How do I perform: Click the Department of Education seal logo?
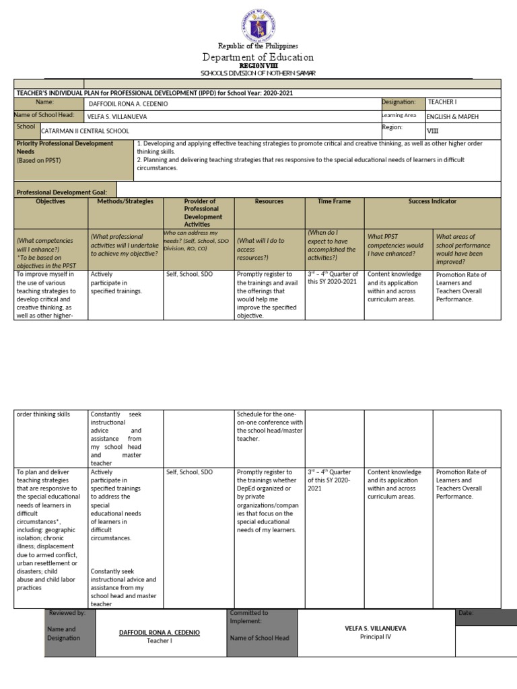(258, 23)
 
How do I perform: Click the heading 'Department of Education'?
(258, 57)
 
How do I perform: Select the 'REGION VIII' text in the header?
(258, 66)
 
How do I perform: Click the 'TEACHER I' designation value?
(442, 102)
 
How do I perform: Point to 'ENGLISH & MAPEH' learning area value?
(454, 116)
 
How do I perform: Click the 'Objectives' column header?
(50, 201)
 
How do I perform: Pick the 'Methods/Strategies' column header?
(125, 201)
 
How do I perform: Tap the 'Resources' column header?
(269, 201)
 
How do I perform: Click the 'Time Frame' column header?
(335, 201)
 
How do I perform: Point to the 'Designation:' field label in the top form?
(399, 102)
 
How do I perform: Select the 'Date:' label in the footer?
(466, 614)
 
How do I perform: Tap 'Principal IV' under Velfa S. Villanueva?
(376, 636)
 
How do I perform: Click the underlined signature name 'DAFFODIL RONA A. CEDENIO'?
(160, 632)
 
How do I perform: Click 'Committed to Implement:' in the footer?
(249, 617)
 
